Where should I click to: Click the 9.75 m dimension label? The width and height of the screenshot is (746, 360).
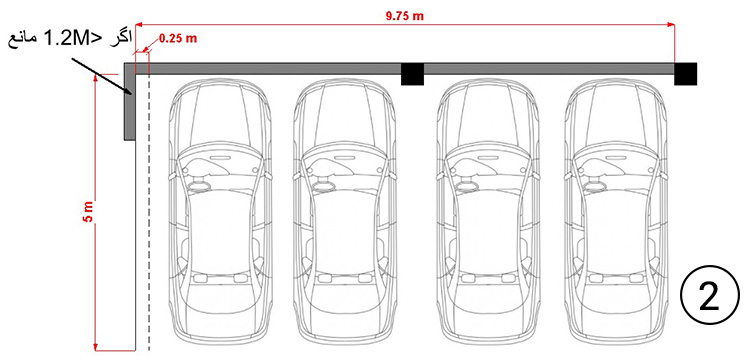(x=404, y=16)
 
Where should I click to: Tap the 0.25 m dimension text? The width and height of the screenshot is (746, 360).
(x=177, y=39)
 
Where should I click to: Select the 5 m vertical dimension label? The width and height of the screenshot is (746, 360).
(x=89, y=212)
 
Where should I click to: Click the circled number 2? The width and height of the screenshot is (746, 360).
(x=710, y=295)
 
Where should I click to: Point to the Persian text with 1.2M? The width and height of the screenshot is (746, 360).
(x=69, y=39)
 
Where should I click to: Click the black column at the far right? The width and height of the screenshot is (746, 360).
(x=686, y=74)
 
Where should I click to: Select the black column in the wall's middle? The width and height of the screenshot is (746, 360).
(x=412, y=74)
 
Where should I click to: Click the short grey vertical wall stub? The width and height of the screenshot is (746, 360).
(x=130, y=101)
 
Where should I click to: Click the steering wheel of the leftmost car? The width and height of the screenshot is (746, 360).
(x=200, y=184)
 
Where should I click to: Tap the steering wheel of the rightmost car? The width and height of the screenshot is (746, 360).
(x=596, y=184)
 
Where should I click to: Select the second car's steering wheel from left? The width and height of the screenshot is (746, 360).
(x=324, y=184)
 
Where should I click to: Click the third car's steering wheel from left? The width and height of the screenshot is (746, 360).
(x=468, y=184)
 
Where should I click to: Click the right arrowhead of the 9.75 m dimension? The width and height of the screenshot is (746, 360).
(x=670, y=23)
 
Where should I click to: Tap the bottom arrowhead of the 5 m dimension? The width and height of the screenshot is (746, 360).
(x=96, y=346)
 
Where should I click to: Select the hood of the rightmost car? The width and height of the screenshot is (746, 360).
(x=616, y=108)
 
